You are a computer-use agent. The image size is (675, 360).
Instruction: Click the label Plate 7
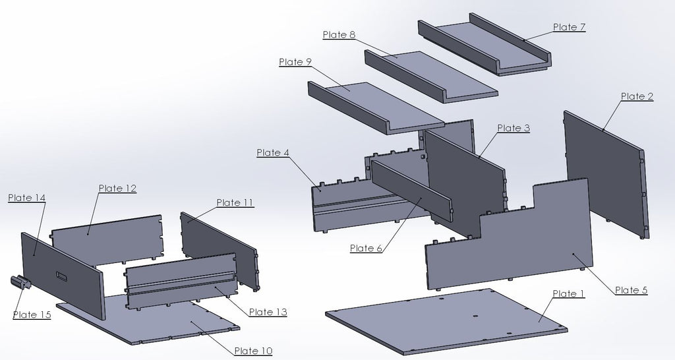point(569,27)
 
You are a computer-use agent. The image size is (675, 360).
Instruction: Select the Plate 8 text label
point(339,35)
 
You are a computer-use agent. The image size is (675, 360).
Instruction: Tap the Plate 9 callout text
point(295,62)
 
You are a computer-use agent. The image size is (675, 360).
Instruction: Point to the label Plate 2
point(637,96)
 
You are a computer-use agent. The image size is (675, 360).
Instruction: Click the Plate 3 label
point(514,128)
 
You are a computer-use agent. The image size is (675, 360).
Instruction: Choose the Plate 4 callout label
point(273,152)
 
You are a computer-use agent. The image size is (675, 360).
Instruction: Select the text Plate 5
point(631,290)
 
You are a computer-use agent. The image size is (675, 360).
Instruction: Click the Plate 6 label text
point(366,248)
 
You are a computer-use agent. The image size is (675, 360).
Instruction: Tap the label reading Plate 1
point(569,293)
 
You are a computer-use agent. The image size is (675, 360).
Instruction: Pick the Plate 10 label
point(253,351)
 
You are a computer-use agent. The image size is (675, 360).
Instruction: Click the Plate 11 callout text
point(235,202)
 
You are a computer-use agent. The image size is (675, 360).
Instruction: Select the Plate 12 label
point(117,188)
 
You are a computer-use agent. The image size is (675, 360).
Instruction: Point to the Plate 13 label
point(268,312)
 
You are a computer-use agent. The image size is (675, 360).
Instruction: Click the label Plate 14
point(26,198)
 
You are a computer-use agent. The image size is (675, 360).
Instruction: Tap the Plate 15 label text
point(32,315)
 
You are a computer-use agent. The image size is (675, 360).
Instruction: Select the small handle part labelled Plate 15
point(20,282)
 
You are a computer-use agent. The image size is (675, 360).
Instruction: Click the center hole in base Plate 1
point(475,316)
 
